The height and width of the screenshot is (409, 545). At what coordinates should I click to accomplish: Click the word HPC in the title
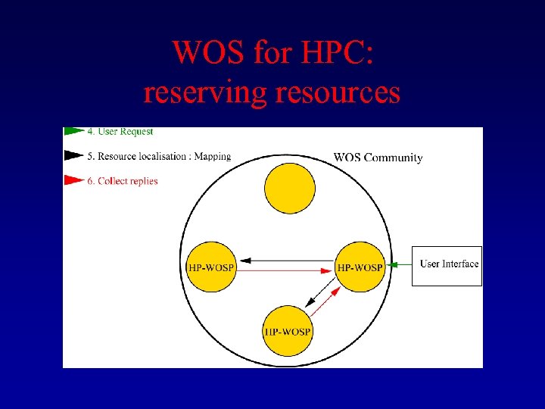(x=326, y=54)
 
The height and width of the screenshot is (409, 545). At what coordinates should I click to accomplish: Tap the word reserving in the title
(x=206, y=92)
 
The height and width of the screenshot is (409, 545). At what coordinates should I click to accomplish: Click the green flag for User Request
(x=73, y=131)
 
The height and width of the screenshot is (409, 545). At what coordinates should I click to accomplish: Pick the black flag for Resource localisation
(x=73, y=156)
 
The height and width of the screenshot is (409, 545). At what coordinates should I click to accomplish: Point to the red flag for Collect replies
(x=73, y=181)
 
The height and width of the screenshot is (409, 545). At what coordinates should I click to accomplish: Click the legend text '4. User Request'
(x=120, y=132)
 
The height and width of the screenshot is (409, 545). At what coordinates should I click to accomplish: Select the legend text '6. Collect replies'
(x=123, y=182)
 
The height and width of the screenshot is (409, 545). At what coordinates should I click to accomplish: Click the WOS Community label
(x=378, y=158)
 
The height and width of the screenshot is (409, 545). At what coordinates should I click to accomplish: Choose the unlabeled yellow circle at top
(x=289, y=188)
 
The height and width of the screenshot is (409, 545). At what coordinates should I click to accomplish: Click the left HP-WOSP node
(x=211, y=267)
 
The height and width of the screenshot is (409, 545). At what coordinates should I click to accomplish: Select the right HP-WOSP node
(x=360, y=267)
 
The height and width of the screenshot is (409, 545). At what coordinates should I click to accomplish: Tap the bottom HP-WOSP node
(x=287, y=331)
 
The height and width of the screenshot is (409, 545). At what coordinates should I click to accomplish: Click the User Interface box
(x=447, y=265)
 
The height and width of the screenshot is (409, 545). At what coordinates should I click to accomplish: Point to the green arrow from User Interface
(x=398, y=264)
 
